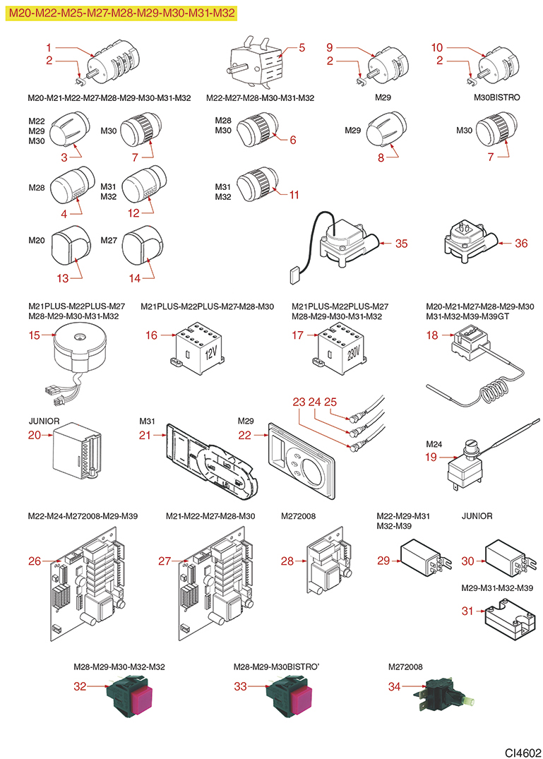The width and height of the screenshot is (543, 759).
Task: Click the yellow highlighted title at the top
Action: [x=121, y=13]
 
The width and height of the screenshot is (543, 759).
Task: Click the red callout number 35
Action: [x=401, y=244]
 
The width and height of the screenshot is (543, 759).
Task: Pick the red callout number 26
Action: [x=35, y=561]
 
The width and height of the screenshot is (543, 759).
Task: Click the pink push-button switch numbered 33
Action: [x=290, y=698]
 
